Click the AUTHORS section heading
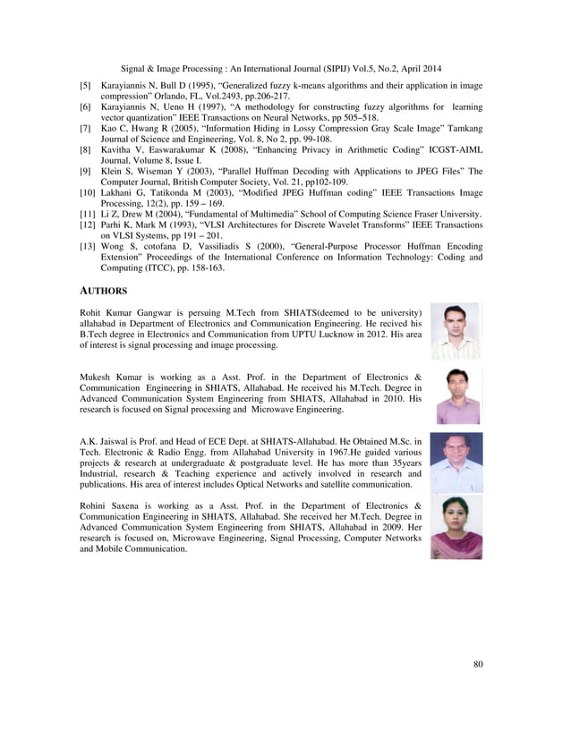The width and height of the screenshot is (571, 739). pyautogui.click(x=103, y=291)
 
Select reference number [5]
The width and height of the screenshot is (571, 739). pyautogui.click(x=86, y=87)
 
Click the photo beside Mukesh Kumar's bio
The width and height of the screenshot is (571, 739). pyautogui.click(x=458, y=395)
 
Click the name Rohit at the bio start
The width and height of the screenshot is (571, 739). pyautogui.click(x=93, y=312)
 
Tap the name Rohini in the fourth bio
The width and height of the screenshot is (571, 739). pyautogui.click(x=96, y=507)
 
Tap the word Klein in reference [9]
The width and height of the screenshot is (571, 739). pyautogui.click(x=113, y=169)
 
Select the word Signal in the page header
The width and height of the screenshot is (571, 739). pyautogui.click(x=133, y=65)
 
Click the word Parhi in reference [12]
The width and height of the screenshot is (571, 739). pyautogui.click(x=115, y=225)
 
